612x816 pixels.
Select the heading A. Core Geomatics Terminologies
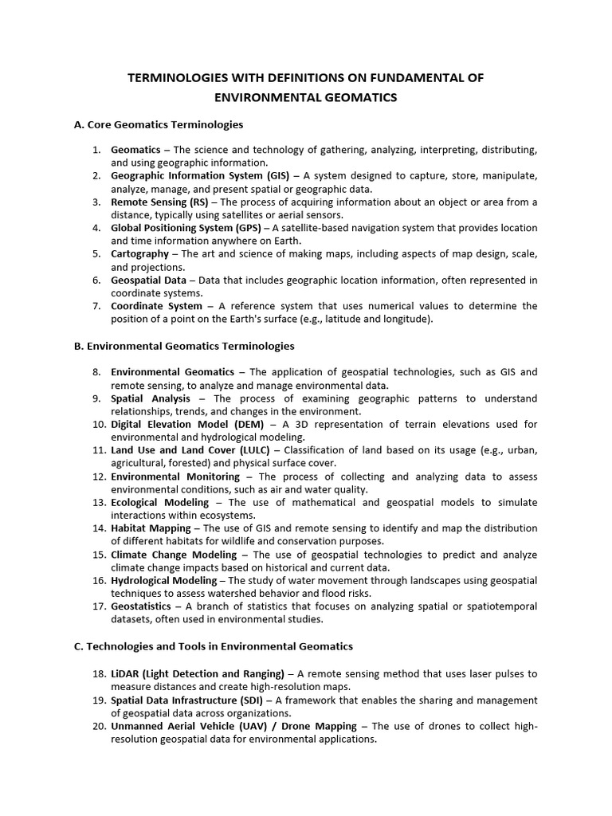pyautogui.click(x=158, y=124)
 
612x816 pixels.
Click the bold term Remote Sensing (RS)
pyautogui.click(x=159, y=202)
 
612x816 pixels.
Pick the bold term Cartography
pyautogui.click(x=139, y=253)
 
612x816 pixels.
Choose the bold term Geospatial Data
pyautogui.click(x=148, y=280)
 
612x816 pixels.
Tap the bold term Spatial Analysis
pyautogui.click(x=151, y=398)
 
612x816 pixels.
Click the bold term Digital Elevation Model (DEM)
pyautogui.click(x=187, y=424)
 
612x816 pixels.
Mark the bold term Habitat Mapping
pyautogui.click(x=151, y=528)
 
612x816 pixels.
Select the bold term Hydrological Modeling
pyautogui.click(x=163, y=580)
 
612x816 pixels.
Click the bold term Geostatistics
pyautogui.click(x=141, y=606)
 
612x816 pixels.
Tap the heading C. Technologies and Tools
pyautogui.click(x=213, y=645)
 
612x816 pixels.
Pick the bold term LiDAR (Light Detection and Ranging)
pyautogui.click(x=198, y=674)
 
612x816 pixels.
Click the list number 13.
pyautogui.click(x=99, y=502)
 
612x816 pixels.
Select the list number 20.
pyautogui.click(x=99, y=726)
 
